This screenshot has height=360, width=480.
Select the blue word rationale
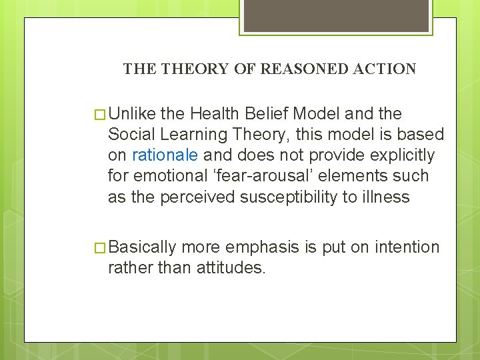pos(165,155)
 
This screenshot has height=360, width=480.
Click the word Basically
pos(142,247)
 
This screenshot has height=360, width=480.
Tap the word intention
pos(407,247)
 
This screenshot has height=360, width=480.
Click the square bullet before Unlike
pos(101,114)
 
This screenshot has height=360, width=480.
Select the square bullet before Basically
pos(101,248)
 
